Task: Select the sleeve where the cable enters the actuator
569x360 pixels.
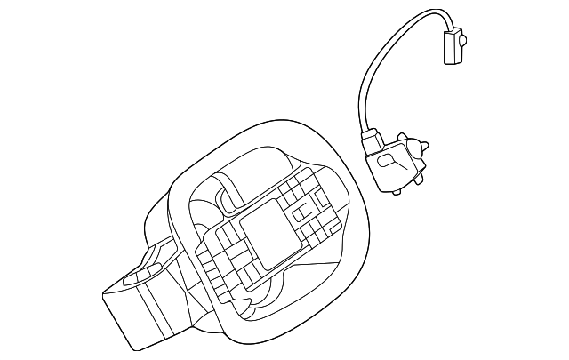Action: point(370,141)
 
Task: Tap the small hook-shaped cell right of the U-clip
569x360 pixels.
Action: point(317,208)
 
